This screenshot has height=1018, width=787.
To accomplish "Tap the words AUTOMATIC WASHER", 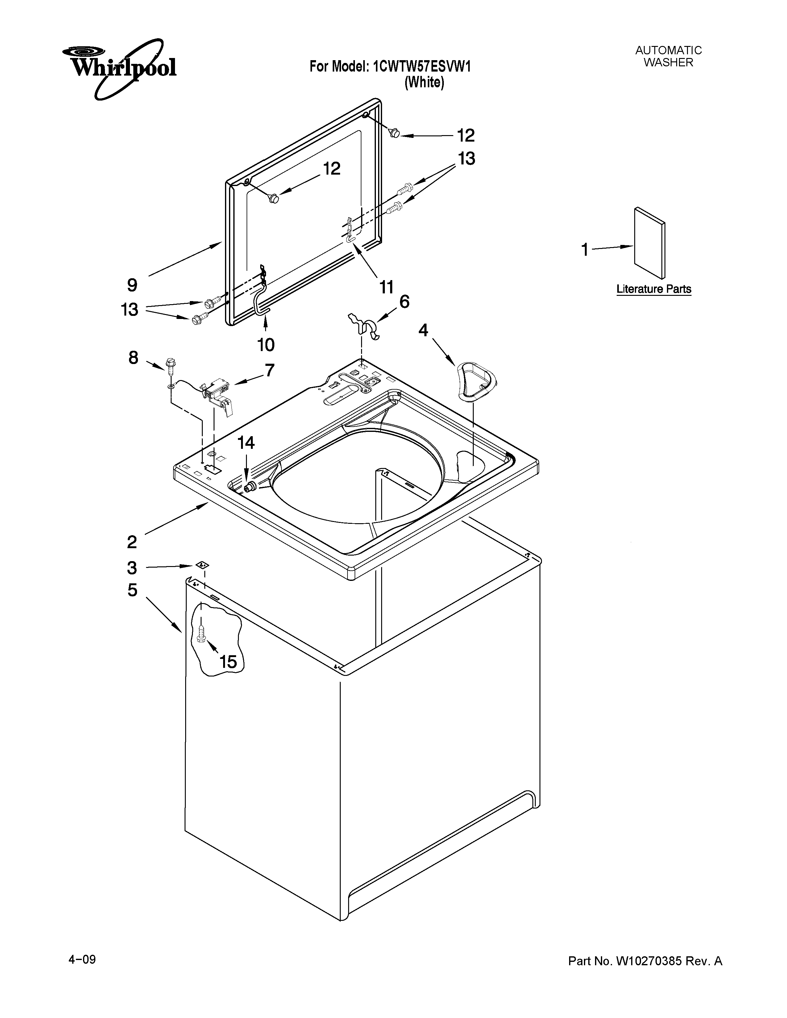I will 668,56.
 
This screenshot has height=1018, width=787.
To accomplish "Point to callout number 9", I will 132,285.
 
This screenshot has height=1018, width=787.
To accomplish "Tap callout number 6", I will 404,302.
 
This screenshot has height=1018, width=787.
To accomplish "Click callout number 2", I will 132,542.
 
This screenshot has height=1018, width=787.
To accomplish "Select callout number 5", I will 132,590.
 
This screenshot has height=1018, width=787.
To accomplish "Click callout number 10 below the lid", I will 266,345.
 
